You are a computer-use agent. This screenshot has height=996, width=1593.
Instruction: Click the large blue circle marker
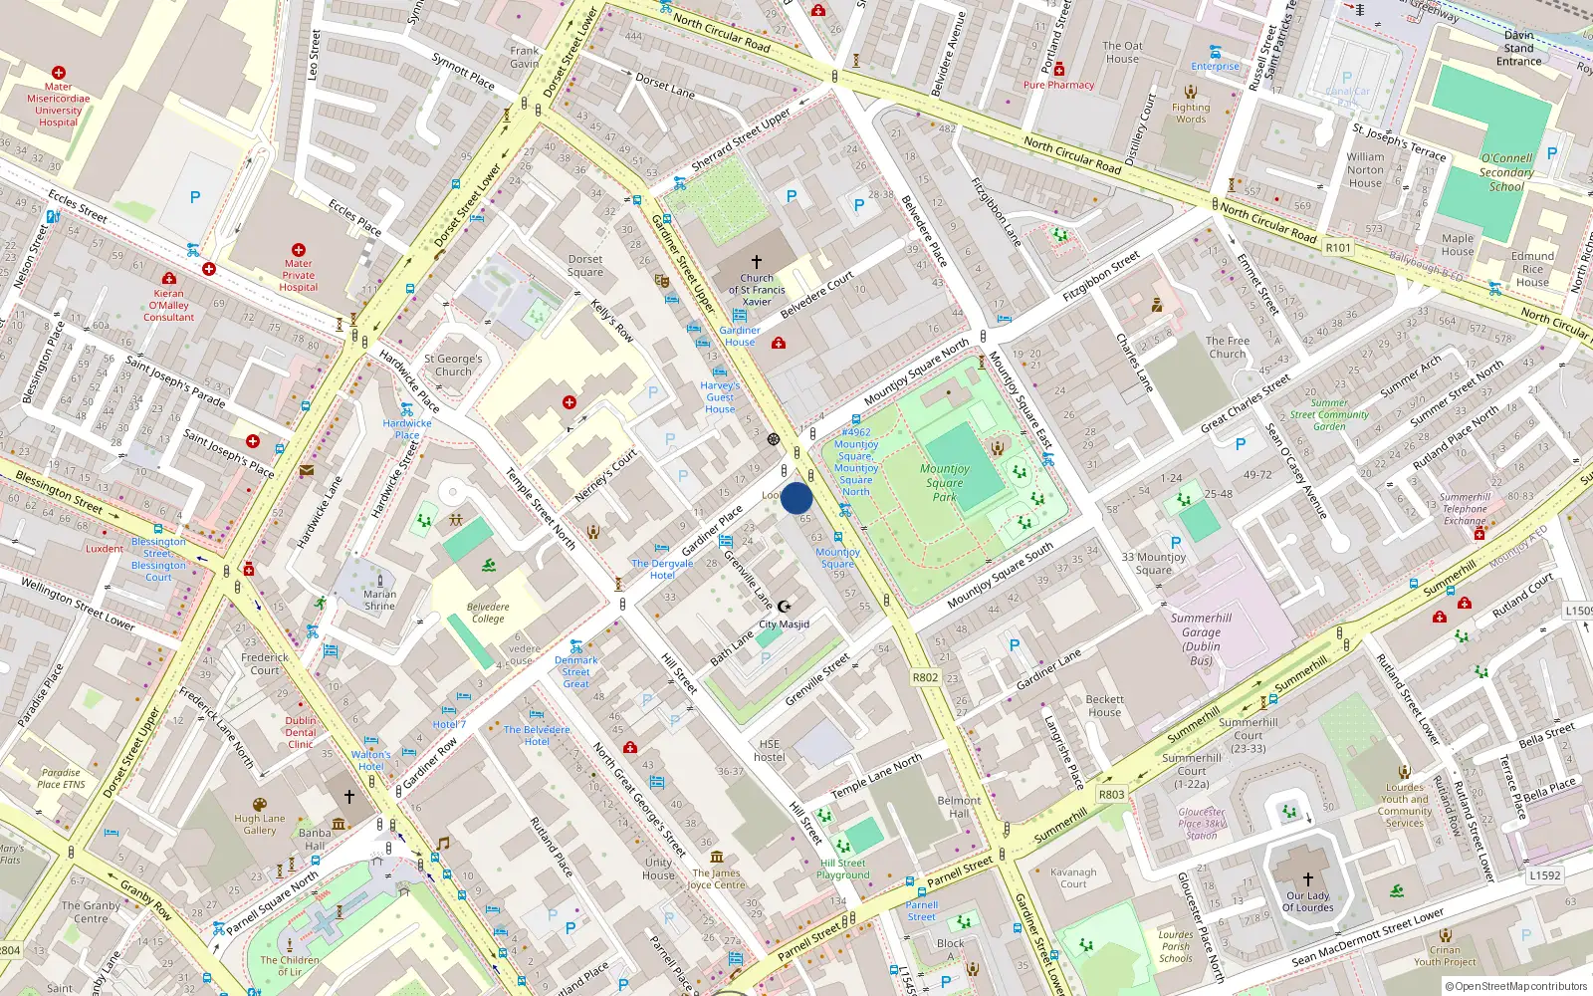(x=796, y=498)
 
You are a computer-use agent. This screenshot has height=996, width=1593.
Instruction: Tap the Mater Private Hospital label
(x=298, y=276)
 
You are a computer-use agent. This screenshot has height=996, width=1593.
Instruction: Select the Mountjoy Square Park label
(x=944, y=482)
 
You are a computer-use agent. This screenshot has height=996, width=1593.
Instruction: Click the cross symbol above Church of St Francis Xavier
(x=757, y=262)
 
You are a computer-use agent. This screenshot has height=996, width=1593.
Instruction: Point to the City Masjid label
(x=785, y=624)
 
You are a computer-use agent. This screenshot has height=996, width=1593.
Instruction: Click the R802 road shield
(x=925, y=677)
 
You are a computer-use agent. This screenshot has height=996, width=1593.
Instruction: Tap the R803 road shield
(x=1111, y=794)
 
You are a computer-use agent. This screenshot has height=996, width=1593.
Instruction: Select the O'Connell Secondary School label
(x=1506, y=172)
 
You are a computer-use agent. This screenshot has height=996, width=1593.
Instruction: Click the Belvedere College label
(x=488, y=613)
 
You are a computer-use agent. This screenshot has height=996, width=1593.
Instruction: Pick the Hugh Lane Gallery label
(x=260, y=824)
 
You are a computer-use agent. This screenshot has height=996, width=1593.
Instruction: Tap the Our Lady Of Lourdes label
(x=1307, y=901)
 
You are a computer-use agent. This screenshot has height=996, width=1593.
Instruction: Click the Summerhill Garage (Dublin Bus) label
(x=1201, y=638)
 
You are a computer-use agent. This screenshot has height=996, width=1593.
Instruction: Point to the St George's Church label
(x=453, y=365)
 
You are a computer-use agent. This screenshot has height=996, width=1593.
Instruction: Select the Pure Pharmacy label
(x=1058, y=85)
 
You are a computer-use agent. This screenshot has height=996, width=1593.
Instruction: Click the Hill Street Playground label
(x=843, y=869)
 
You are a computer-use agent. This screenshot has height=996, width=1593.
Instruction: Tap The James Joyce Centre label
(x=716, y=878)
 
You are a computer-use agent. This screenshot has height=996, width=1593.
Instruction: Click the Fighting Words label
(x=1191, y=113)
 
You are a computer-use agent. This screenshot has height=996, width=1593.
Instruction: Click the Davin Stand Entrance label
(x=1518, y=48)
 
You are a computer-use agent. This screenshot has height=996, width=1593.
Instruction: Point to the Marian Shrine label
(x=379, y=600)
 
